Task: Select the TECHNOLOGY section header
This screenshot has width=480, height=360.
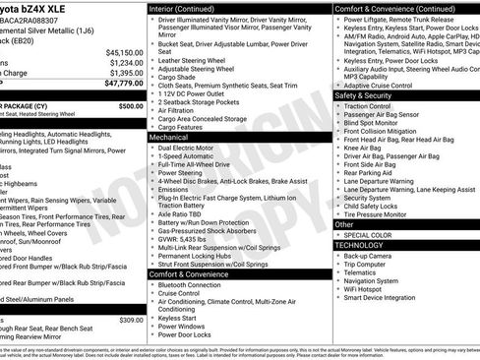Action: point(361,246)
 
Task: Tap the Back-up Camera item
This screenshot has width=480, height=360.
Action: point(370,256)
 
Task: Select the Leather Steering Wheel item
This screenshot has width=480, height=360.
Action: point(198,60)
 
